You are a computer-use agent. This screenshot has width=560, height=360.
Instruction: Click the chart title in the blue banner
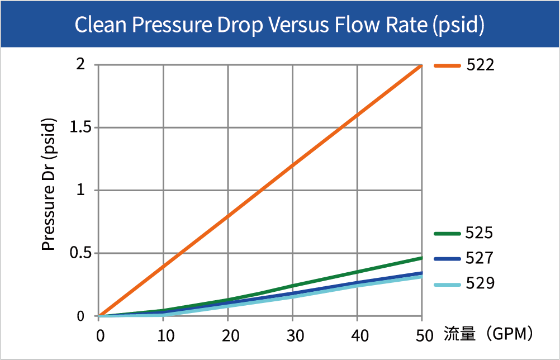pyautogui.click(x=279, y=23)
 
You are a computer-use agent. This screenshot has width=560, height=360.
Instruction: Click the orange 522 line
pyautogui.click(x=260, y=191)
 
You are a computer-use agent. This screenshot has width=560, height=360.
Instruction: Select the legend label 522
pyautogui.click(x=480, y=65)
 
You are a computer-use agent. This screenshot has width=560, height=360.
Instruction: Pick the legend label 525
pyautogui.click(x=480, y=233)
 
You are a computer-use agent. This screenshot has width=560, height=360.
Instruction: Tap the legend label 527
pyautogui.click(x=480, y=258)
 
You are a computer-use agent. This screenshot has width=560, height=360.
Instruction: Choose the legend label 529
pyautogui.click(x=480, y=284)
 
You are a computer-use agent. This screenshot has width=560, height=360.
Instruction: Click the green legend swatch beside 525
pyautogui.click(x=447, y=234)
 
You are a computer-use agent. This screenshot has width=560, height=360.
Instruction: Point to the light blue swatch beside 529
pyautogui.click(x=447, y=285)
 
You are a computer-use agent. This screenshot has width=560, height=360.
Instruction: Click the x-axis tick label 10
pyautogui.click(x=163, y=336)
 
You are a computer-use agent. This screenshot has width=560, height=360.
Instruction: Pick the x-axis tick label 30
pyautogui.click(x=292, y=336)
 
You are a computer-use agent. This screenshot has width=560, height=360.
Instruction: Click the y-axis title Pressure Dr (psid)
pyautogui.click(x=49, y=184)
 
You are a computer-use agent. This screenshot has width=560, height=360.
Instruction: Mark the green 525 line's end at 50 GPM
pyautogui.click(x=422, y=258)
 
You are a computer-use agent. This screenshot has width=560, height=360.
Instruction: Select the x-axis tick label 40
pyautogui.click(x=357, y=336)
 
